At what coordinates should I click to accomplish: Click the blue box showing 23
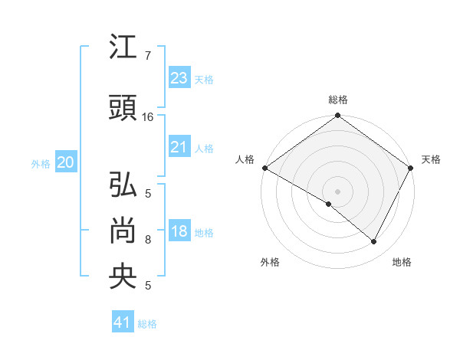coord(179,78)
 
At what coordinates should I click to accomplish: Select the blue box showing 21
coord(179,147)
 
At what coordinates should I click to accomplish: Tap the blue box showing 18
coord(179,232)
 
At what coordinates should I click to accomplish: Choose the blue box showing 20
coord(65,162)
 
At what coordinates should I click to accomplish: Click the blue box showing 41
coord(123,322)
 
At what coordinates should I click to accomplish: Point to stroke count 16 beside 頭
coord(148,117)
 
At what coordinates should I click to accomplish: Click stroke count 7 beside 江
coord(147,56)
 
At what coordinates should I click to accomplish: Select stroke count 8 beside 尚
coord(147,240)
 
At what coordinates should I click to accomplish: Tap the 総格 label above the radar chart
coord(337,100)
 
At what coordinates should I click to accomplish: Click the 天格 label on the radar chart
coord(431,159)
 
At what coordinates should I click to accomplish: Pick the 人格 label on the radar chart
coord(245,159)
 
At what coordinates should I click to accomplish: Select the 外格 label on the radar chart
coord(270,263)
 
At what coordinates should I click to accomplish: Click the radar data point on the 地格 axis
coord(374,242)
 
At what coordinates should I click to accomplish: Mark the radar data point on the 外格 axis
coord(329,204)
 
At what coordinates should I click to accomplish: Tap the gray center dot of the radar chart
coord(337,191)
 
